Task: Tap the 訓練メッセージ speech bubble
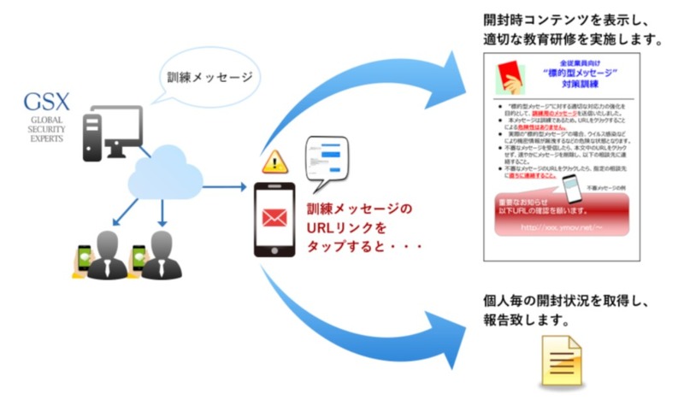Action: click(x=207, y=79)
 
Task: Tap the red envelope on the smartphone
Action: click(x=274, y=219)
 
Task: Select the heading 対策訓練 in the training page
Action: click(x=583, y=87)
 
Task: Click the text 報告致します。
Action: click(x=517, y=322)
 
